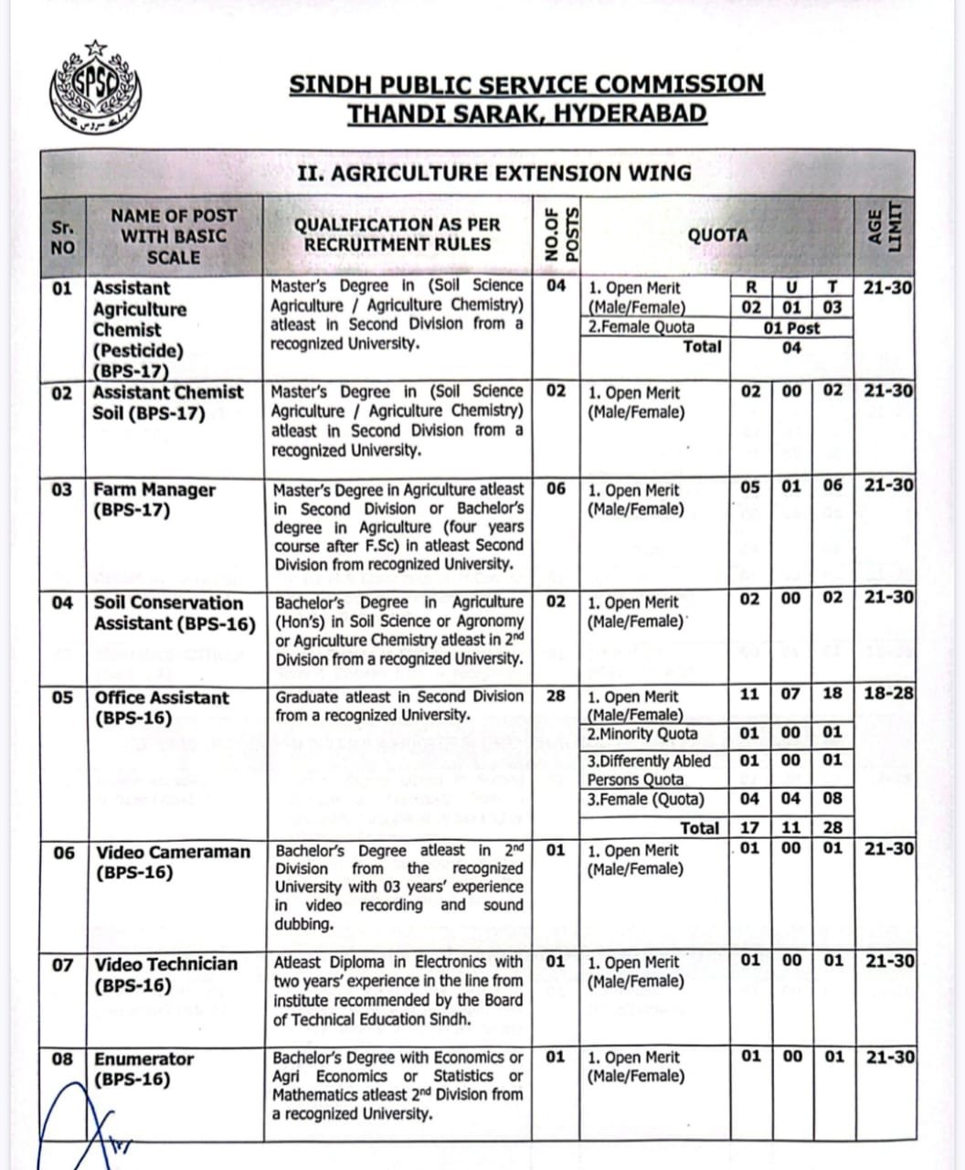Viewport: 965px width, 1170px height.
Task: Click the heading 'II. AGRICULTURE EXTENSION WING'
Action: [x=494, y=173]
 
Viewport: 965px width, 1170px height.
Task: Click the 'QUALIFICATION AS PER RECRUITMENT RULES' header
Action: [x=397, y=234]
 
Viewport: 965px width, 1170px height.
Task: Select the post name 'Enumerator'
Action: [x=144, y=1058]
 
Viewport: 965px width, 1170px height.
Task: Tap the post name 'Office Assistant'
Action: [x=162, y=697]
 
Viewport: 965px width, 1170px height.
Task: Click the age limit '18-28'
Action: [x=888, y=694]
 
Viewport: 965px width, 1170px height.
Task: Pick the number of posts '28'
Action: [x=556, y=696]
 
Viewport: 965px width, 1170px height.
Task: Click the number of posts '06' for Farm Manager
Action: [x=556, y=488]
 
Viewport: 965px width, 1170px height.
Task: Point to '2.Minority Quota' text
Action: [x=642, y=734]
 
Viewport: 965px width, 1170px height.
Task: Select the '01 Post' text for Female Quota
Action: [x=791, y=327]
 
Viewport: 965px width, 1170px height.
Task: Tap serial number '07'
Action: [x=62, y=964]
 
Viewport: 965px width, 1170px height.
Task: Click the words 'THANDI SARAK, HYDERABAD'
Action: [x=527, y=114]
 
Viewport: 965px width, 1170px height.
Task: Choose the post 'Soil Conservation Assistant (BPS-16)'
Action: [x=174, y=613]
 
